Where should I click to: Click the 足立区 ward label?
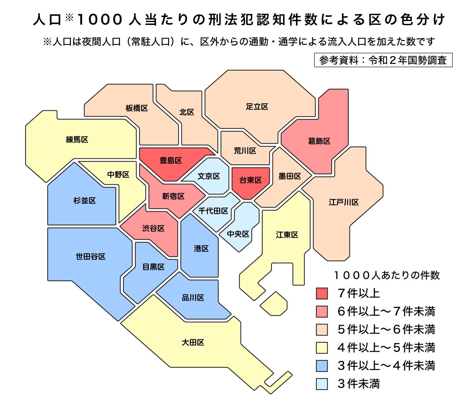[257, 107]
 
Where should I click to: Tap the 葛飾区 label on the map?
[319, 141]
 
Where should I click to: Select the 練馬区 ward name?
[77, 140]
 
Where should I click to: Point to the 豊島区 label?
[171, 161]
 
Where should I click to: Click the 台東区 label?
[250, 180]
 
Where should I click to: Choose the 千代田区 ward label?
[213, 211]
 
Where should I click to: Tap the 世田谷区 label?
[91, 257]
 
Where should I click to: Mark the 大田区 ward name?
[193, 342]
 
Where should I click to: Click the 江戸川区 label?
[344, 202]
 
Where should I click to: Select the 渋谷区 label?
[153, 229]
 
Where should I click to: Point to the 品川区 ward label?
[193, 298]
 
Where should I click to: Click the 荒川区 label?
[245, 151]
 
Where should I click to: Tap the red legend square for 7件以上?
[322, 293]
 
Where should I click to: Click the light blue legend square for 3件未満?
[322, 384]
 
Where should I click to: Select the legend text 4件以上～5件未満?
[386, 348]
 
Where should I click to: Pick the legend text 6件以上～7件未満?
[386, 311]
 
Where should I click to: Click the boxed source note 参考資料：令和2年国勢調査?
[383, 60]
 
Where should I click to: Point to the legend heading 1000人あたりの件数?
[387, 275]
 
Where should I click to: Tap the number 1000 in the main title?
[100, 20]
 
